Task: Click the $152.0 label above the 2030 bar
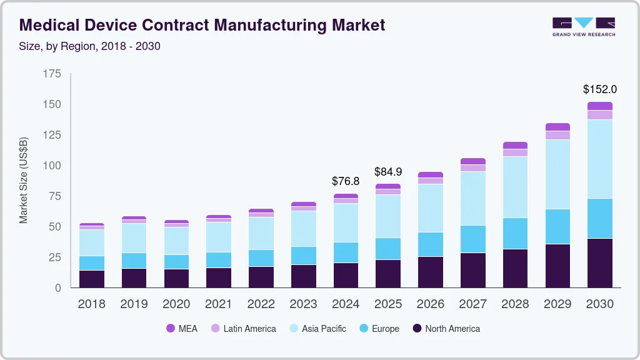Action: [599, 89]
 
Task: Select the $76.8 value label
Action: [346, 181]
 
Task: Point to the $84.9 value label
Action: [388, 171]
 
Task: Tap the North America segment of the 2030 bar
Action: [599, 262]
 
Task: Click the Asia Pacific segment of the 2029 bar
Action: [557, 174]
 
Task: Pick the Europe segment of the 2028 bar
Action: [515, 233]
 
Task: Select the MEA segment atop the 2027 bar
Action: [472, 161]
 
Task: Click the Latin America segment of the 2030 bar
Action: [599, 115]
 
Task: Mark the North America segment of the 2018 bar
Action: [92, 279]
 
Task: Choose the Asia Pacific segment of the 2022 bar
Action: [261, 233]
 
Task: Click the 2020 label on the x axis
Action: [176, 304]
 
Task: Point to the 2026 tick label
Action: [430, 304]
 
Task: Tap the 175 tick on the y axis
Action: [52, 74]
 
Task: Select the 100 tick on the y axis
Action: [52, 166]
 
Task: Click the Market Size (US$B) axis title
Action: [24, 180]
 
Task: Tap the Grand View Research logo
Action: [583, 26]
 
